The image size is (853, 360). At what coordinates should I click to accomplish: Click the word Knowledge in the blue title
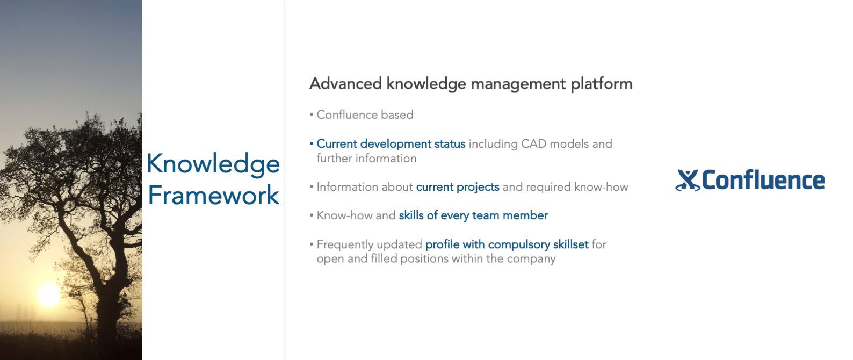point(213,164)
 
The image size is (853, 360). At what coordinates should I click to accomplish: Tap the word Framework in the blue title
point(214,195)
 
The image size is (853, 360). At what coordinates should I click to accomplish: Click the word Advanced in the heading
point(346,83)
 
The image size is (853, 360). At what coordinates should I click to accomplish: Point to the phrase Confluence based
point(365,114)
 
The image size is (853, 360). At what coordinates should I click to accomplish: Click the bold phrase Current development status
point(391,144)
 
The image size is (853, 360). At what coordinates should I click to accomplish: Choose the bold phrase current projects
point(458,187)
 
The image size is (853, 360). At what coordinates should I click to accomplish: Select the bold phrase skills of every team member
point(473,215)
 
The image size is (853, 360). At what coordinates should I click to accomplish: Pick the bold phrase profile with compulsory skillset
point(507,244)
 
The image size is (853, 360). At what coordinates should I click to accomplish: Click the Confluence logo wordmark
point(763,180)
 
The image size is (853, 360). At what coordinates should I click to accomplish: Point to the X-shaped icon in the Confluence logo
point(688,180)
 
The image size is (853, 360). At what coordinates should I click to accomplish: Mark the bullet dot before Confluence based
point(312,114)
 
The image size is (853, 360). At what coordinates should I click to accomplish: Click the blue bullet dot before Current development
point(312,144)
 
